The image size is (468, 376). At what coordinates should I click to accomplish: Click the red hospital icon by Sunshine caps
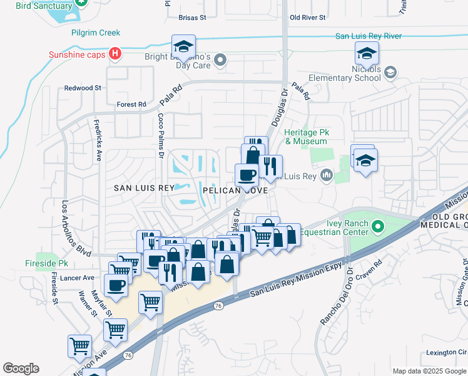pyautogui.click(x=114, y=54)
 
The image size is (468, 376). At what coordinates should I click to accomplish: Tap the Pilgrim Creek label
pyautogui.click(x=96, y=33)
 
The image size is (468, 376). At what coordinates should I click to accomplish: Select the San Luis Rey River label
pyautogui.click(x=368, y=36)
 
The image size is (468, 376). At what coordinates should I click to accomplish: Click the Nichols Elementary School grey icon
pyautogui.click(x=391, y=73)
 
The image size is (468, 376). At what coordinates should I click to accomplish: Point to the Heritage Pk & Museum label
pyautogui.click(x=307, y=137)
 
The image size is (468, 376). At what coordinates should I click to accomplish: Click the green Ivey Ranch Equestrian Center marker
pyautogui.click(x=377, y=226)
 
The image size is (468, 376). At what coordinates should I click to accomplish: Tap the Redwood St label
pyautogui.click(x=83, y=88)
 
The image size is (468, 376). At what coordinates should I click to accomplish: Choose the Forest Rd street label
pyautogui.click(x=131, y=104)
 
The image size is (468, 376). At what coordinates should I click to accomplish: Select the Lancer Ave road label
pyautogui.click(x=79, y=278)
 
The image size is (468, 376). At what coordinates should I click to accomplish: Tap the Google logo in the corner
pyautogui.click(x=21, y=368)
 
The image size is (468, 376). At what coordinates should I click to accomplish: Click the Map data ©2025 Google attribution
pyautogui.click(x=429, y=371)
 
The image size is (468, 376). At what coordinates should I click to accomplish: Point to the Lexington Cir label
pyautogui.click(x=446, y=352)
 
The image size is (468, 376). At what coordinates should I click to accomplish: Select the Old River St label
pyautogui.click(x=308, y=18)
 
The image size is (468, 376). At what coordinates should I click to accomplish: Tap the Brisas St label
pyautogui.click(x=192, y=18)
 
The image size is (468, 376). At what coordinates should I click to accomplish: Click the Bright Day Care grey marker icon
pyautogui.click(x=220, y=60)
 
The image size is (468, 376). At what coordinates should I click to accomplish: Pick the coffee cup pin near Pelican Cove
pyautogui.click(x=246, y=175)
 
